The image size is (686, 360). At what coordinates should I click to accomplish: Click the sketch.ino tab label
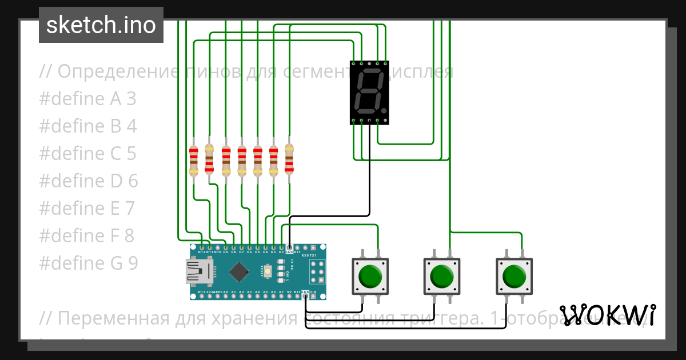[101, 25]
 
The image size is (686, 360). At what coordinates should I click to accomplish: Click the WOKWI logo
[608, 315]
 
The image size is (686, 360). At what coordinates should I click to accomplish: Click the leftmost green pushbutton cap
[370, 277]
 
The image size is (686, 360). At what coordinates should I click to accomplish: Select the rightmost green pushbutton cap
[514, 277]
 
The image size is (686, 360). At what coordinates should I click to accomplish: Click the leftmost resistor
[194, 159]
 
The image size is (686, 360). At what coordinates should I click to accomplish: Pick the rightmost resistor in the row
[289, 159]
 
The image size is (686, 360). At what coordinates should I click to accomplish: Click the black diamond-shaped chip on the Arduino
[239, 271]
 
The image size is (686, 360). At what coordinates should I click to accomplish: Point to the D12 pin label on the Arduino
[201, 251]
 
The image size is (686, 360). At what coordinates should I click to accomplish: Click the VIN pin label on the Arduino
[314, 292]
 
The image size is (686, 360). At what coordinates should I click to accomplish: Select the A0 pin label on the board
[226, 292]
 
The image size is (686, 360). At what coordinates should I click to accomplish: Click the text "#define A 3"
[88, 99]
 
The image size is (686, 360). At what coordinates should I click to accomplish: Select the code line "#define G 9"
[89, 263]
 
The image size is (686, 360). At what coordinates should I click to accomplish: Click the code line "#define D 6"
[89, 181]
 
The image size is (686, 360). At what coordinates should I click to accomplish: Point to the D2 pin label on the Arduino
[281, 251]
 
